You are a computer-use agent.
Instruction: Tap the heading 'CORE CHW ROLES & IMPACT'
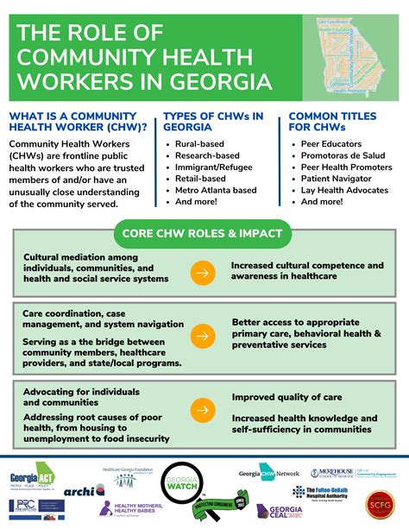coord(204,232)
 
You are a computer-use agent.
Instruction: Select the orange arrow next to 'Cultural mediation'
coord(203,274)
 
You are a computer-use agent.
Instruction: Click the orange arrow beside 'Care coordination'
coord(203,335)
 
